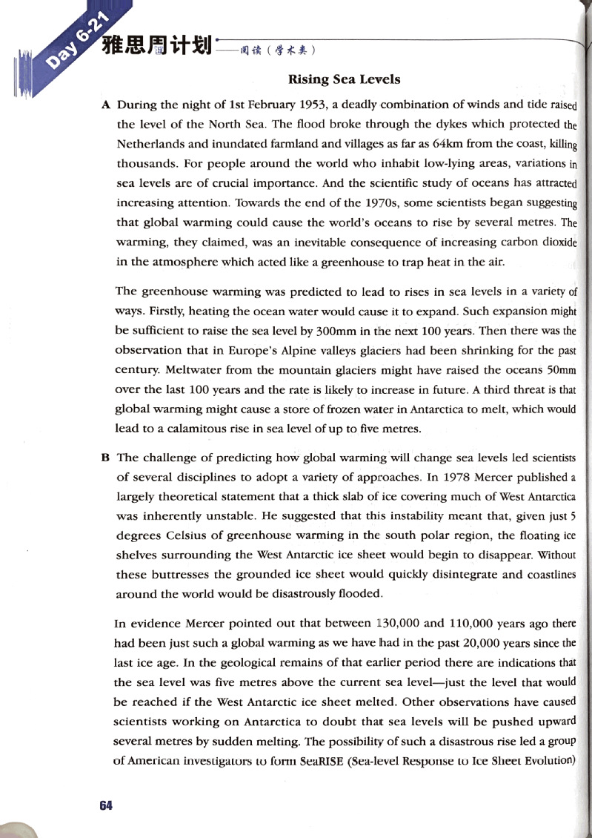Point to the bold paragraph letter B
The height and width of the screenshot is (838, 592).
[x=105, y=458]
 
